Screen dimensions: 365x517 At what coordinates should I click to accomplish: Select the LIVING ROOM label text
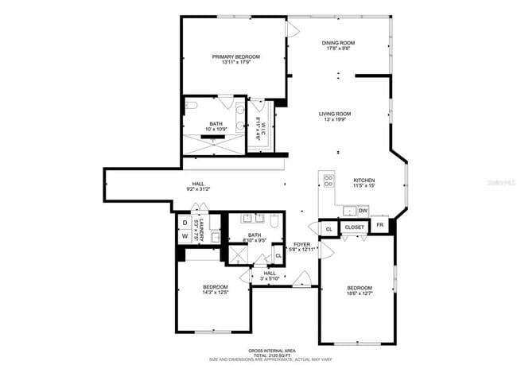[335, 114]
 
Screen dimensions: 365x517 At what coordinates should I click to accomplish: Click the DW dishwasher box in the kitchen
[362, 211]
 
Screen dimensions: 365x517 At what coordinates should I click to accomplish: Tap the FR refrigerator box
[380, 227]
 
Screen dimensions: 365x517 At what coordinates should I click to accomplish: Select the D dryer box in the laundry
[185, 223]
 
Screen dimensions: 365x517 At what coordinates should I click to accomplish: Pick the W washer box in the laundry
[185, 236]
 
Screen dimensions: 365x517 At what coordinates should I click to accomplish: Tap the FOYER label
[301, 244]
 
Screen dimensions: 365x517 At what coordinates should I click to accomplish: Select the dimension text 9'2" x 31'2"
[198, 189]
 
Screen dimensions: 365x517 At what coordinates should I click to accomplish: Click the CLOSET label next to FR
[354, 227]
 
